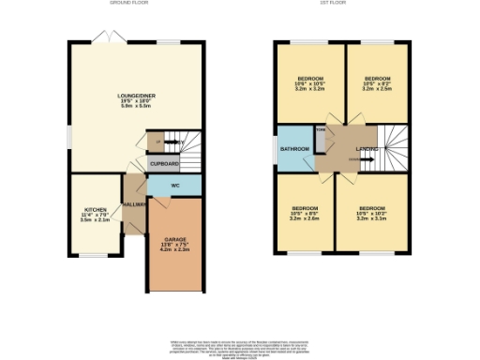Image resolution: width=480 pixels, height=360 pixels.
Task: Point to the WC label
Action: (x=174, y=185)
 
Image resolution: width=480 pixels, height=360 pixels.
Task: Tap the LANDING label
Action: (x=367, y=149)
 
